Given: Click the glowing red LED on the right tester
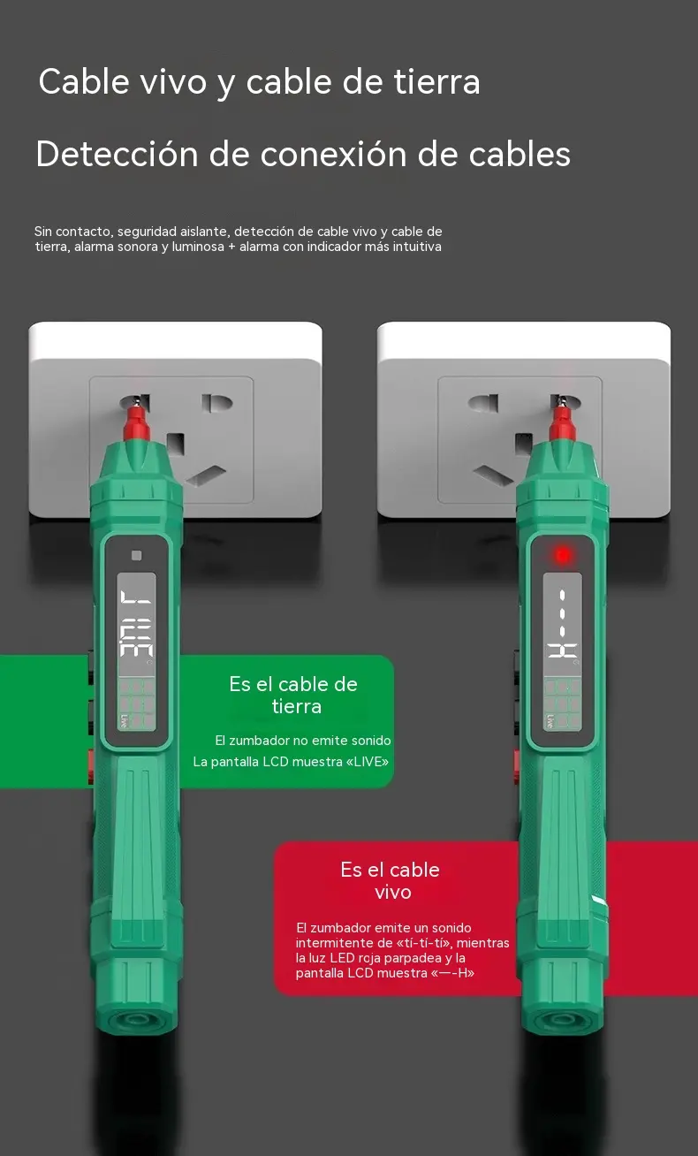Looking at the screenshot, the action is pyautogui.click(x=562, y=555).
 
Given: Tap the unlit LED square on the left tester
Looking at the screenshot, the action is pyautogui.click(x=136, y=555).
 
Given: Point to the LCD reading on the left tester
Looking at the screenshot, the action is pyautogui.click(x=136, y=623).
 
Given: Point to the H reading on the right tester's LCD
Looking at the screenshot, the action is pyautogui.click(x=562, y=650).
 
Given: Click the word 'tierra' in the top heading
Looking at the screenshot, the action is pyautogui.click(x=436, y=82).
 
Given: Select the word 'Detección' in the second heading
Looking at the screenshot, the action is pyautogui.click(x=118, y=154).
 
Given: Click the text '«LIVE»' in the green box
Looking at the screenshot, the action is pyautogui.click(x=368, y=762).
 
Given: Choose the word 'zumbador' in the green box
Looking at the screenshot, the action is pyautogui.click(x=259, y=741).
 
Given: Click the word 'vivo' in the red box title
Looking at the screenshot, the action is pyautogui.click(x=393, y=893).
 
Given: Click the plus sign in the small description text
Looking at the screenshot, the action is pyautogui.click(x=231, y=247).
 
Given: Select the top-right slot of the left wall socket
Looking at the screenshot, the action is pyautogui.click(x=216, y=403).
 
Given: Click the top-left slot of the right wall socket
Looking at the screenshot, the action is pyautogui.click(x=483, y=403).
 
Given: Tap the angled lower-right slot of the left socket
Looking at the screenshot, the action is pyautogui.click(x=207, y=475).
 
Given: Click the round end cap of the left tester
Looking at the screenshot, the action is pyautogui.click(x=137, y=1020).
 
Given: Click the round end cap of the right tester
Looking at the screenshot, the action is pyautogui.click(x=563, y=1020).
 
